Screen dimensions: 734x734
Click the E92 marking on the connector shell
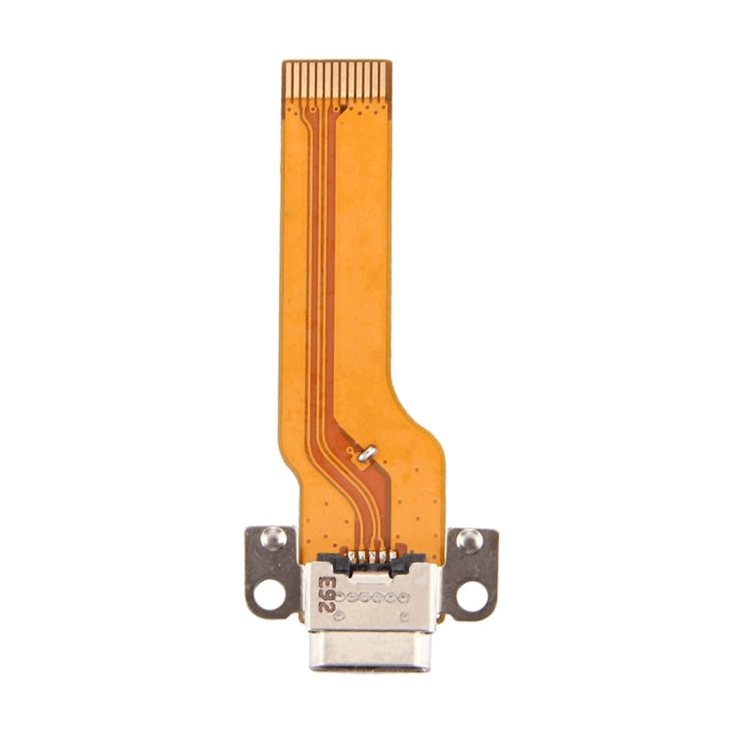click(326, 594)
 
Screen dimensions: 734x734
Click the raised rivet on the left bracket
click(274, 536)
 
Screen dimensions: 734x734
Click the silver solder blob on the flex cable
click(366, 451)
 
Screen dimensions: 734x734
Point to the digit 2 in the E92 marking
click(326, 607)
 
